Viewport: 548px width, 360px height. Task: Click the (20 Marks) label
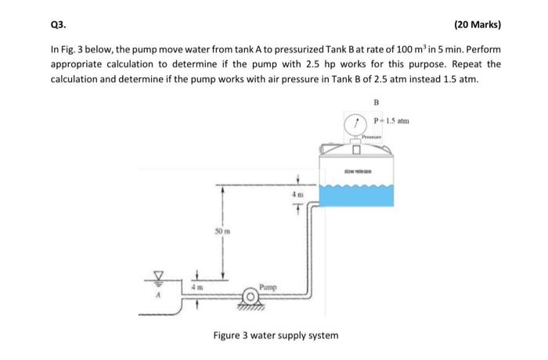tap(474, 24)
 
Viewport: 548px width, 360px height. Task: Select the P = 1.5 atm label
tap(391, 121)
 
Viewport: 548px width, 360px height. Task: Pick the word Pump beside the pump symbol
tap(272, 287)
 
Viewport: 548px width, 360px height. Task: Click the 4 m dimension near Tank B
tap(297, 193)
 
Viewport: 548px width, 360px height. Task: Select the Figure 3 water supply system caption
tap(276, 336)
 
